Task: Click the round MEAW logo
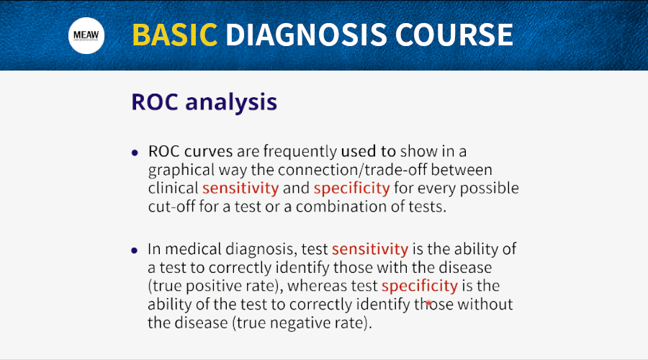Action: click(86, 35)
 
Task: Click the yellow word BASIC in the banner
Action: click(175, 35)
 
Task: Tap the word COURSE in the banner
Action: click(454, 35)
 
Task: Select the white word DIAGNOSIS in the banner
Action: click(306, 35)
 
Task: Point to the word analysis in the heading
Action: click(231, 102)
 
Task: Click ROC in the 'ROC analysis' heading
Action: click(155, 102)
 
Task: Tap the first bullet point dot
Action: click(135, 153)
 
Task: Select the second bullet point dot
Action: click(135, 251)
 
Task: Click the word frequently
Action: click(300, 152)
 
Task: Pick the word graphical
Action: click(181, 171)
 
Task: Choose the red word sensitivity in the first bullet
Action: click(240, 188)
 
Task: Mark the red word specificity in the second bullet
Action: click(420, 286)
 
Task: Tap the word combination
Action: click(341, 206)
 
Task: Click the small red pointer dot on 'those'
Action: click(428, 303)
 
